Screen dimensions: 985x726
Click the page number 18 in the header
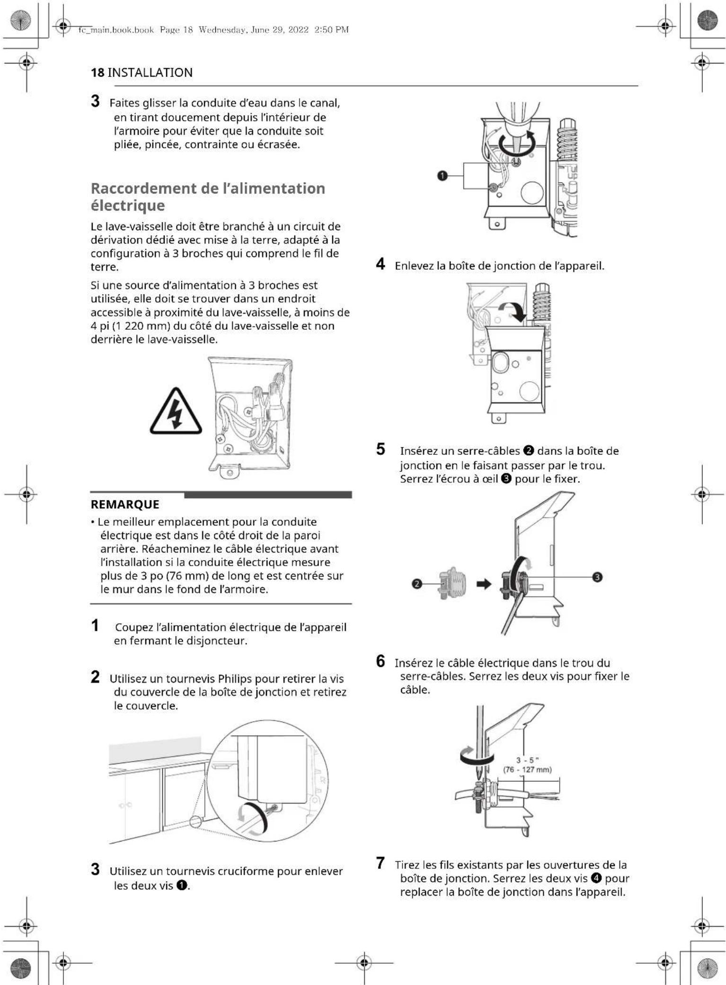(97, 72)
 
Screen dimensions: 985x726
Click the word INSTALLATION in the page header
(150, 72)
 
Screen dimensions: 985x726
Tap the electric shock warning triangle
(176, 412)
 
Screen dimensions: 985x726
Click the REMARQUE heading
(125, 504)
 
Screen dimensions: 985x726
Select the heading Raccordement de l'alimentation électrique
(208, 197)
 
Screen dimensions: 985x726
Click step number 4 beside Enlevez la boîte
(381, 264)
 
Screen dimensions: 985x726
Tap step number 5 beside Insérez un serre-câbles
(381, 449)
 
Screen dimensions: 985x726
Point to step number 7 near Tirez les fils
(381, 863)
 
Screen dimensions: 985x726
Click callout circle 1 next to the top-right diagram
(442, 176)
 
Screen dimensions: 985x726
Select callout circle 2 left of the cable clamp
(416, 584)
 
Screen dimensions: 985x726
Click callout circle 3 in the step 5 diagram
(597, 577)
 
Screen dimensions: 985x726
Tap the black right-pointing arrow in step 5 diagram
(484, 584)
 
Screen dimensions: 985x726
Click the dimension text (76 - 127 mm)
(527, 769)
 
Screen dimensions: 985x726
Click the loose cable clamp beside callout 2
(452, 583)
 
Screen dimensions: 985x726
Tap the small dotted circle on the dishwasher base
(196, 822)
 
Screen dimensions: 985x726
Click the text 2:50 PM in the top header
(331, 30)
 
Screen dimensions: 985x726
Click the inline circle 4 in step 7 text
(596, 878)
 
